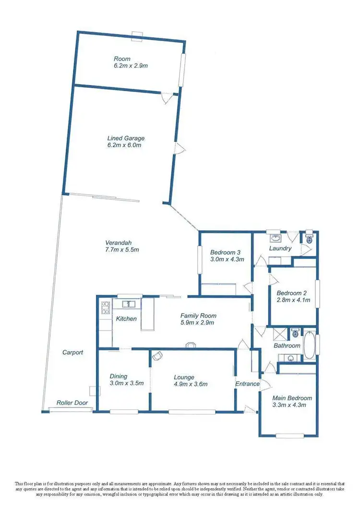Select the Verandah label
[119, 242]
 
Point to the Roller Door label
[72, 403]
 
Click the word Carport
[73, 352]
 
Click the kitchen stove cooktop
[105, 308]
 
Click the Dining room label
[119, 376]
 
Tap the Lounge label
[184, 377]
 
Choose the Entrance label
[247, 384]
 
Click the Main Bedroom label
[292, 398]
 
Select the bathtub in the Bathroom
[310, 346]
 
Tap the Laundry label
[280, 249]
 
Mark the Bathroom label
[287, 345]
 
